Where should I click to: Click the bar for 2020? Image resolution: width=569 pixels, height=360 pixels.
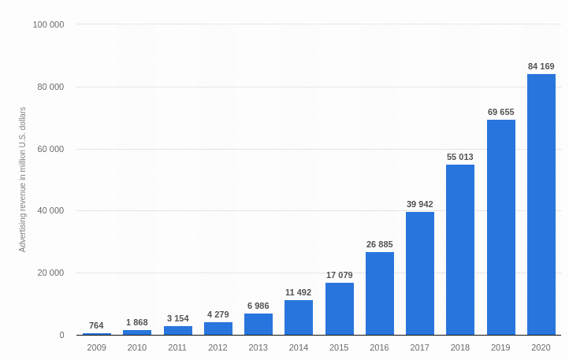pyautogui.click(x=541, y=205)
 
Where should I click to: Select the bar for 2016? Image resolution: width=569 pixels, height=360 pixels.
pyautogui.click(x=380, y=294)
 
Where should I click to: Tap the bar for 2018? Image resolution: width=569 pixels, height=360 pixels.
pyautogui.click(x=460, y=250)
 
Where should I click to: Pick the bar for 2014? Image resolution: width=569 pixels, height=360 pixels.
pyautogui.click(x=299, y=317)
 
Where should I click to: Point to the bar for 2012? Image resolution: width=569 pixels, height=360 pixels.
pyautogui.click(x=218, y=328)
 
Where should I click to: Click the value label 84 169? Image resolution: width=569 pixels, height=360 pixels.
pyautogui.click(x=541, y=66)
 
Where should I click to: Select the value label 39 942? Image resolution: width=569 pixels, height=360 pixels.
pyautogui.click(x=420, y=204)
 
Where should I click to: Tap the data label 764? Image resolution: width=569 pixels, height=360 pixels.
pyautogui.click(x=97, y=325)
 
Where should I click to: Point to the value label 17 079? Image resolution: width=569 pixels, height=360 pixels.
pyautogui.click(x=340, y=275)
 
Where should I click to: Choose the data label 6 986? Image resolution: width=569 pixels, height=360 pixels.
pyautogui.click(x=258, y=306)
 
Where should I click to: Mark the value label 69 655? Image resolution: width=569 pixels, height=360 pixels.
pyautogui.click(x=501, y=112)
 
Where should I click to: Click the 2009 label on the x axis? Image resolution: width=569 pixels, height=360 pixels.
pyautogui.click(x=97, y=347)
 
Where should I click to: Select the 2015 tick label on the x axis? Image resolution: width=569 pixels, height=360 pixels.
pyautogui.click(x=340, y=347)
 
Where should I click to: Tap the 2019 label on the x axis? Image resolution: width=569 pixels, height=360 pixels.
pyautogui.click(x=501, y=347)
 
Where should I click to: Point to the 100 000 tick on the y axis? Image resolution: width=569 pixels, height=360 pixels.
pyautogui.click(x=49, y=24)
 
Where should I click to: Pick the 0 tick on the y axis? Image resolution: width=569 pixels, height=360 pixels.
pyautogui.click(x=61, y=336)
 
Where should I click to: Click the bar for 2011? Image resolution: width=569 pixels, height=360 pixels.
pyautogui.click(x=178, y=331)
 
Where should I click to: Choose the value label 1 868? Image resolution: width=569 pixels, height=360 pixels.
pyautogui.click(x=137, y=322)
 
